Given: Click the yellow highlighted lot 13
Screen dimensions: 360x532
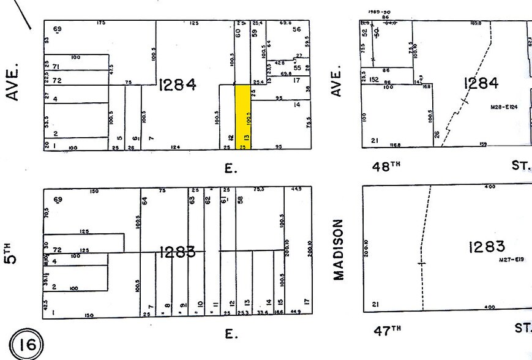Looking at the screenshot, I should click(x=243, y=116).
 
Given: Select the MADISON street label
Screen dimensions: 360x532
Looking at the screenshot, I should click(x=339, y=249).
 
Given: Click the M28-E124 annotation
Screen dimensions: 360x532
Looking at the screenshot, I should click(x=504, y=107).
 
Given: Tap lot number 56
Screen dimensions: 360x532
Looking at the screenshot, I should click(x=298, y=29).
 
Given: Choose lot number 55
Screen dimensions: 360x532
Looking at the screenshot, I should click(x=298, y=68).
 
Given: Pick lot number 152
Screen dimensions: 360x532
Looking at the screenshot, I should click(x=373, y=79).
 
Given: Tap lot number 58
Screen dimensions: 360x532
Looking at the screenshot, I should click(x=241, y=200).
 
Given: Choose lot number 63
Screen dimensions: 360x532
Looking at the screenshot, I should click(x=192, y=200).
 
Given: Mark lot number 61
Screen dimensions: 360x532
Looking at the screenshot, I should click(x=224, y=200).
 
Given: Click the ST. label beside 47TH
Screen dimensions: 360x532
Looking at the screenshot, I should click(x=522, y=329).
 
